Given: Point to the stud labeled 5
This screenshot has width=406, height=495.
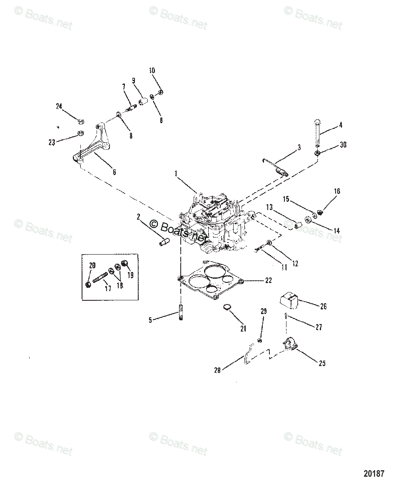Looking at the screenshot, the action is pos(181,312).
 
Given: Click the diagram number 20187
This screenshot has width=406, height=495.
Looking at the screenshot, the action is pos(373,473).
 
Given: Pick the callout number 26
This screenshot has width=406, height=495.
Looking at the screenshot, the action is pos(324,307).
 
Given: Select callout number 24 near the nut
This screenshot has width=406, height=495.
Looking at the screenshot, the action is pos(59,106).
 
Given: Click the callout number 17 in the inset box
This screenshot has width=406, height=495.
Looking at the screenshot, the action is pos(108,289).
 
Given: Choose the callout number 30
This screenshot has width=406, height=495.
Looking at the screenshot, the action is pos(343,145).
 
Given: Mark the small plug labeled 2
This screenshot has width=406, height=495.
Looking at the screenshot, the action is pos(163,242).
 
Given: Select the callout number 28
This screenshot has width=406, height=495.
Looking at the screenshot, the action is pos(217,370).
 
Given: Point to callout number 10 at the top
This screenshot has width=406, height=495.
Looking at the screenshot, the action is pos(152,71).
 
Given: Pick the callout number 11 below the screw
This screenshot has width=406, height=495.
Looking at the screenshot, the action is pos(284,268).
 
